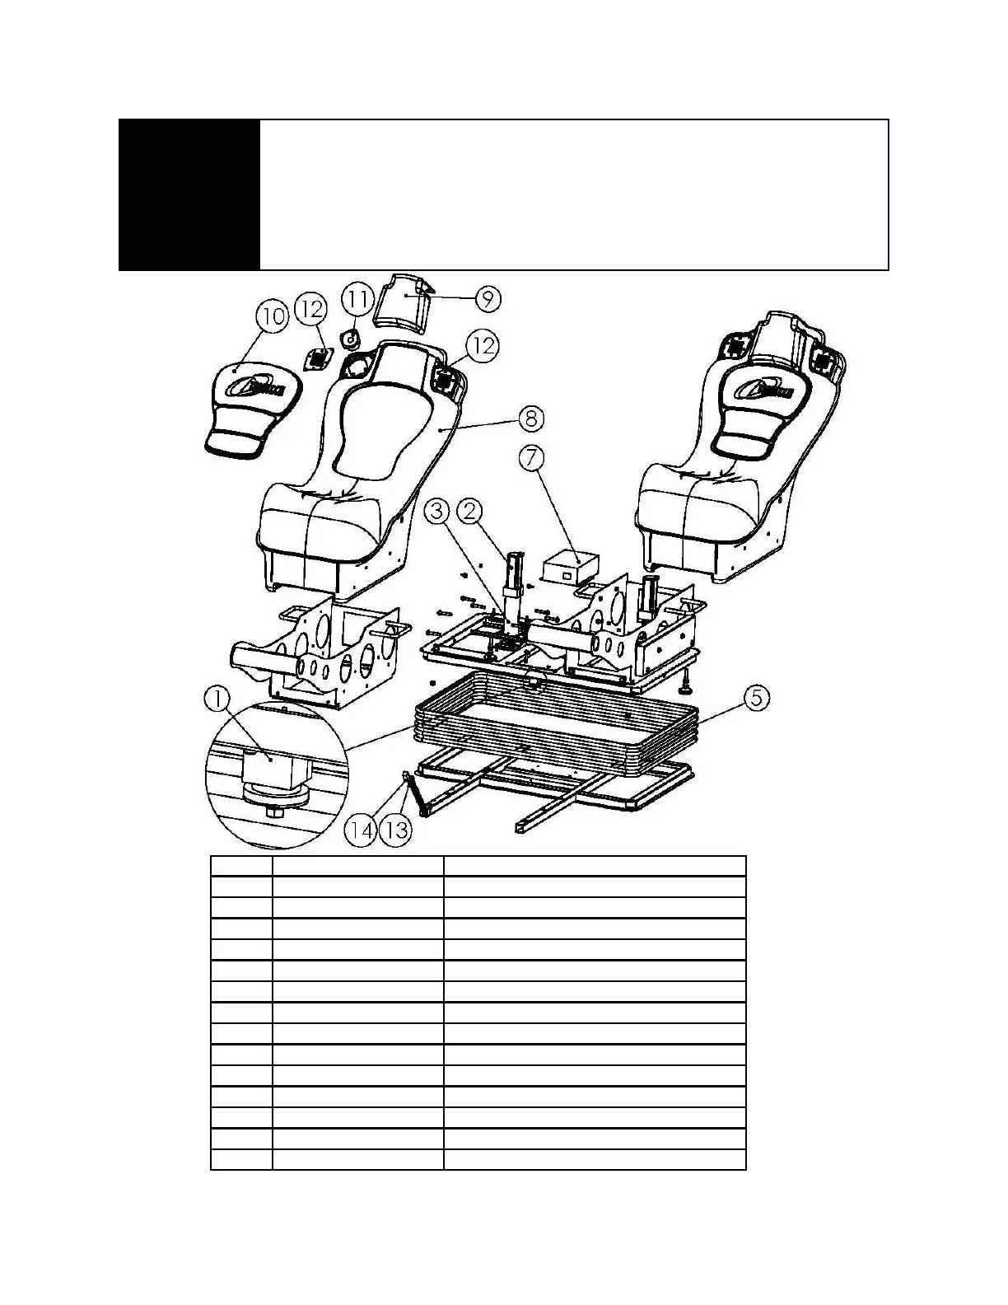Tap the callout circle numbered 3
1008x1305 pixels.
tap(438, 512)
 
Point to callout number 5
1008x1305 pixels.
tap(757, 698)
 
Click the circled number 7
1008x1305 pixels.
tap(532, 459)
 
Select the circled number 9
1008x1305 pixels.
tap(488, 298)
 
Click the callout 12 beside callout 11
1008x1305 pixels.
tap(313, 311)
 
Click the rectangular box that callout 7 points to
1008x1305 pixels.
tap(568, 568)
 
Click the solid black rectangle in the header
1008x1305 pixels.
tap(189, 195)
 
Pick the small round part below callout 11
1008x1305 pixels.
tap(350, 339)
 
